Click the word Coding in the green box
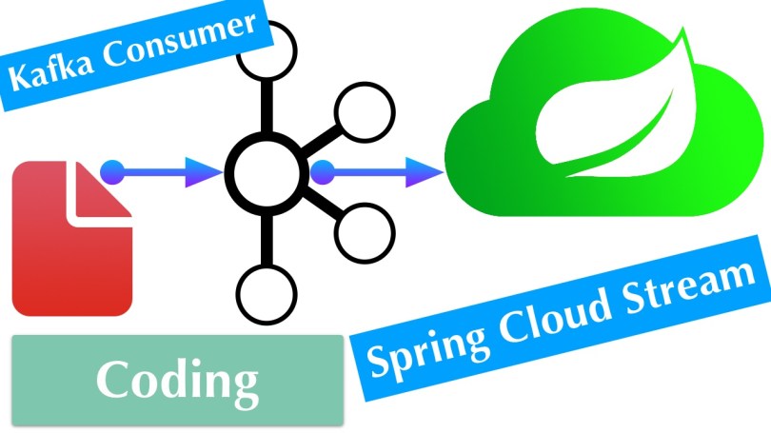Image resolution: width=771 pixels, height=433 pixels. coord(177,380)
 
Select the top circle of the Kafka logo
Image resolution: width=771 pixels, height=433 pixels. coord(263,52)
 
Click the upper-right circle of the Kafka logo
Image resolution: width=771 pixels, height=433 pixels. coord(359,111)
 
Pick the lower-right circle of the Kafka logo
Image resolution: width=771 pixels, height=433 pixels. coord(359,234)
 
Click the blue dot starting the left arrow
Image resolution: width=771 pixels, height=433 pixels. coord(111,172)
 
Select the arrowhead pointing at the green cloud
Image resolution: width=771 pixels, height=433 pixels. coord(425,173)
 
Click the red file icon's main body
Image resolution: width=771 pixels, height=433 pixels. coord(67,257)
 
